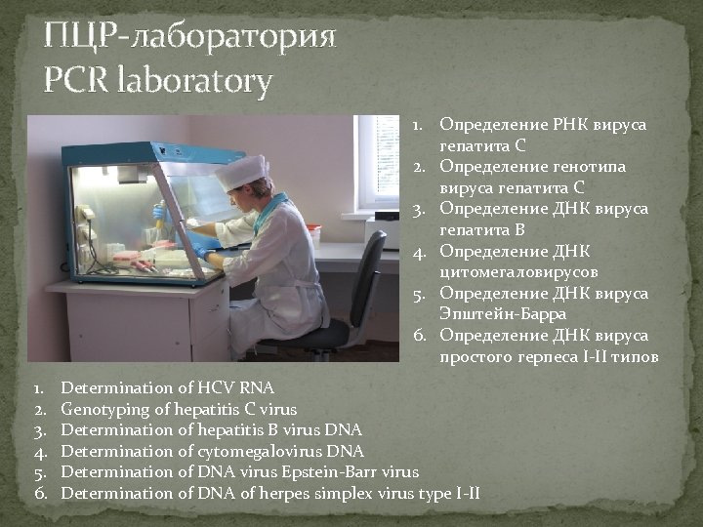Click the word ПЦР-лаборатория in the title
point(190,39)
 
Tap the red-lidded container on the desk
point(313,234)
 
